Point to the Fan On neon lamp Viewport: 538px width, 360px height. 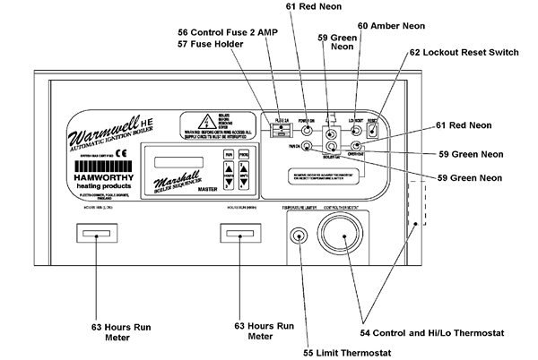pyautogui.click(x=307, y=145)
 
